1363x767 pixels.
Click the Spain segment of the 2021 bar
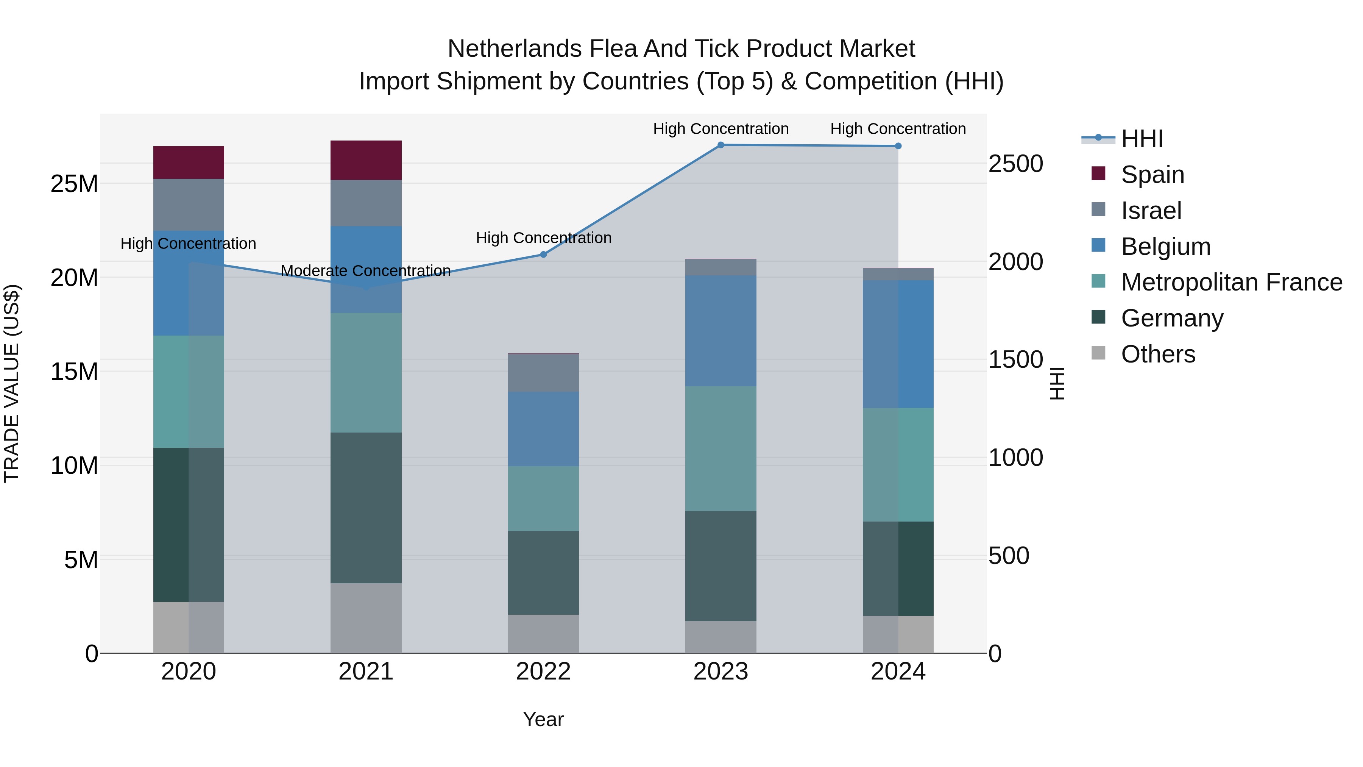(366, 160)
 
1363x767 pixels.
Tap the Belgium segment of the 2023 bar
(720, 330)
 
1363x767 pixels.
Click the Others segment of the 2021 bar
(366, 618)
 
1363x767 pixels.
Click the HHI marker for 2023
(720, 145)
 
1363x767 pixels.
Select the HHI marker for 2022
(543, 255)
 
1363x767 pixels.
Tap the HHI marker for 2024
(898, 146)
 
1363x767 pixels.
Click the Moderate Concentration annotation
(366, 271)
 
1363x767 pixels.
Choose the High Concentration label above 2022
(543, 238)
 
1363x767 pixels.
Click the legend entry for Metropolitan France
(1231, 282)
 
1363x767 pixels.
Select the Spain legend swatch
(1098, 173)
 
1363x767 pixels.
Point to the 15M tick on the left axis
(74, 372)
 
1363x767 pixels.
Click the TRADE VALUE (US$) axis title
(12, 383)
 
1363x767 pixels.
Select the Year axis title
(543, 719)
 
